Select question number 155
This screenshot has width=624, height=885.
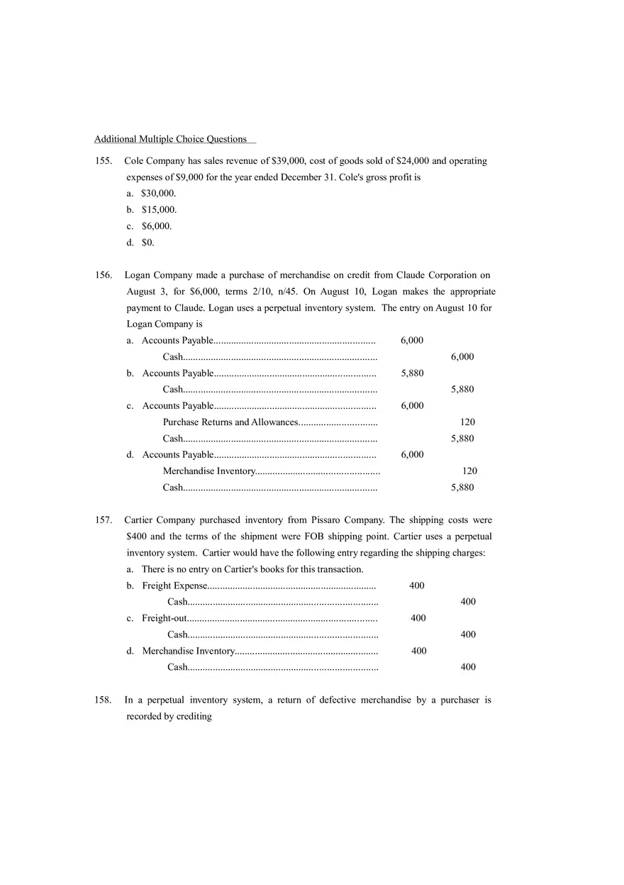104,161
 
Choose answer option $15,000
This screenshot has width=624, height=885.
159,210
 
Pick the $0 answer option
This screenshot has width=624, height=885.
147,243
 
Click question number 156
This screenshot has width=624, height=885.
104,275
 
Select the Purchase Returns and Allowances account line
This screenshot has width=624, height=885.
230,422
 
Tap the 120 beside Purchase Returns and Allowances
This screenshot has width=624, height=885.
467,422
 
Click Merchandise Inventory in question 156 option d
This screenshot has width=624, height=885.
208,471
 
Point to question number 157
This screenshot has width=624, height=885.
104,520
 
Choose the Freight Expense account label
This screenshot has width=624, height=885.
174,586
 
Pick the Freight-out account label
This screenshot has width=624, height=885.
164,618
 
